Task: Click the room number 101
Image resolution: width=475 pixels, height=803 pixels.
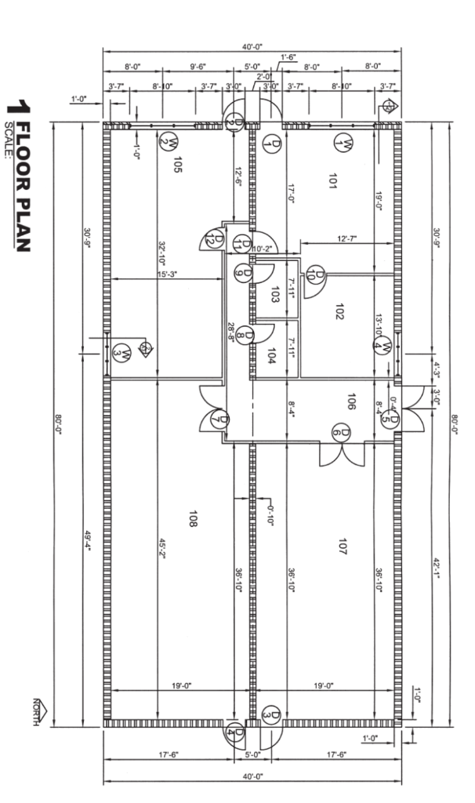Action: pyautogui.click(x=333, y=182)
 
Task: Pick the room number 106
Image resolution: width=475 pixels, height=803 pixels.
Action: pyautogui.click(x=350, y=403)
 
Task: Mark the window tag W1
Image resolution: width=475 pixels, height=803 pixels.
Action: pyautogui.click(x=343, y=143)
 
